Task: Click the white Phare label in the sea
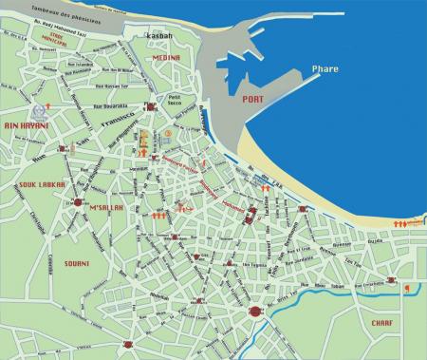pos(326,68)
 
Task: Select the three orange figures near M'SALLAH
pos(159,217)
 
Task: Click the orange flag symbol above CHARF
pos(406,288)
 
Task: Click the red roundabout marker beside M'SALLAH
pos(77,202)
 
